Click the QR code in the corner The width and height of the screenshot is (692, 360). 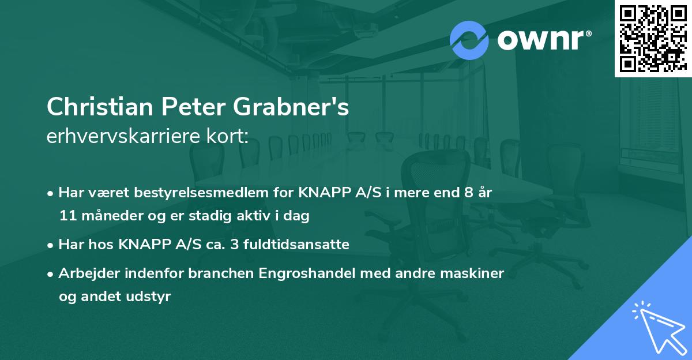click(653, 38)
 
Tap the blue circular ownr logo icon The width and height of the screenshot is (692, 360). click(469, 39)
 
